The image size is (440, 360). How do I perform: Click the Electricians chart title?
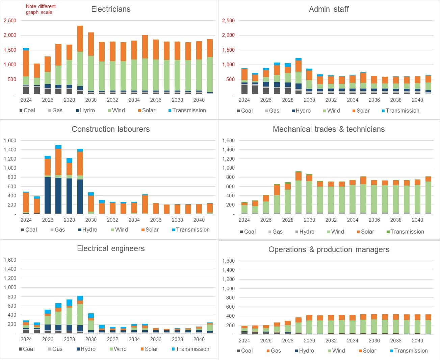pyautogui.click(x=111, y=9)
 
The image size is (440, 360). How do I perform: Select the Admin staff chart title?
pyautogui.click(x=329, y=9)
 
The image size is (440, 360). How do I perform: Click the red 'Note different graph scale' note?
pyautogui.click(x=41, y=9)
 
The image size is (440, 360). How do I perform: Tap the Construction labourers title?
pyautogui.click(x=110, y=129)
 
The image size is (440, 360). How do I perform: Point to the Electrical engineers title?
pyautogui.click(x=111, y=248)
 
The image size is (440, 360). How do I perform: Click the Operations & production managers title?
pyautogui.click(x=329, y=249)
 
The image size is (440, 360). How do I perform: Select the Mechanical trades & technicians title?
pyautogui.click(x=329, y=129)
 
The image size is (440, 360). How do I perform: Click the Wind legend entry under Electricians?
pyautogui.click(x=118, y=111)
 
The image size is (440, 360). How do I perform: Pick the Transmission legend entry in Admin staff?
pyautogui.click(x=402, y=111)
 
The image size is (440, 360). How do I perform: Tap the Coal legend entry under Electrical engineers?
pyautogui.click(x=28, y=349)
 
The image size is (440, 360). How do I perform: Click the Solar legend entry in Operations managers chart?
pyautogui.click(x=369, y=351)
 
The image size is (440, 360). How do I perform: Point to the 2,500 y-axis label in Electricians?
pyautogui.click(x=10, y=21)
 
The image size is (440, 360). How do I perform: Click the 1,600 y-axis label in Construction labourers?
pyautogui.click(x=10, y=141)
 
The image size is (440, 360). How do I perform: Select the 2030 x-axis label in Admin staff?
pyautogui.click(x=309, y=100)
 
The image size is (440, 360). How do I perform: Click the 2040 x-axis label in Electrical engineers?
pyautogui.click(x=199, y=339)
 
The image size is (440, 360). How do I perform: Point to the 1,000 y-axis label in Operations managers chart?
pyautogui.click(x=228, y=289)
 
